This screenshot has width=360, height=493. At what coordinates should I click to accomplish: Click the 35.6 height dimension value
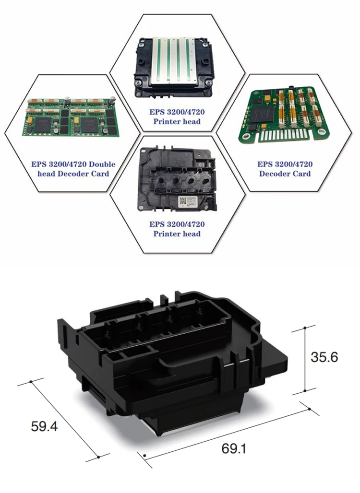tap(324, 357)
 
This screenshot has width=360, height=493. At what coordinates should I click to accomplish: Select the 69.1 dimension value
tap(234, 449)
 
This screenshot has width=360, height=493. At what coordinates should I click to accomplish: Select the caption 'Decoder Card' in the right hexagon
tap(285, 174)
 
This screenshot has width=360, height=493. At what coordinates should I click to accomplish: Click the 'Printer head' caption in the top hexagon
tap(177, 121)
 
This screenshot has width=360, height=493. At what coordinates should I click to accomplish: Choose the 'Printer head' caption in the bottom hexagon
tap(177, 234)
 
